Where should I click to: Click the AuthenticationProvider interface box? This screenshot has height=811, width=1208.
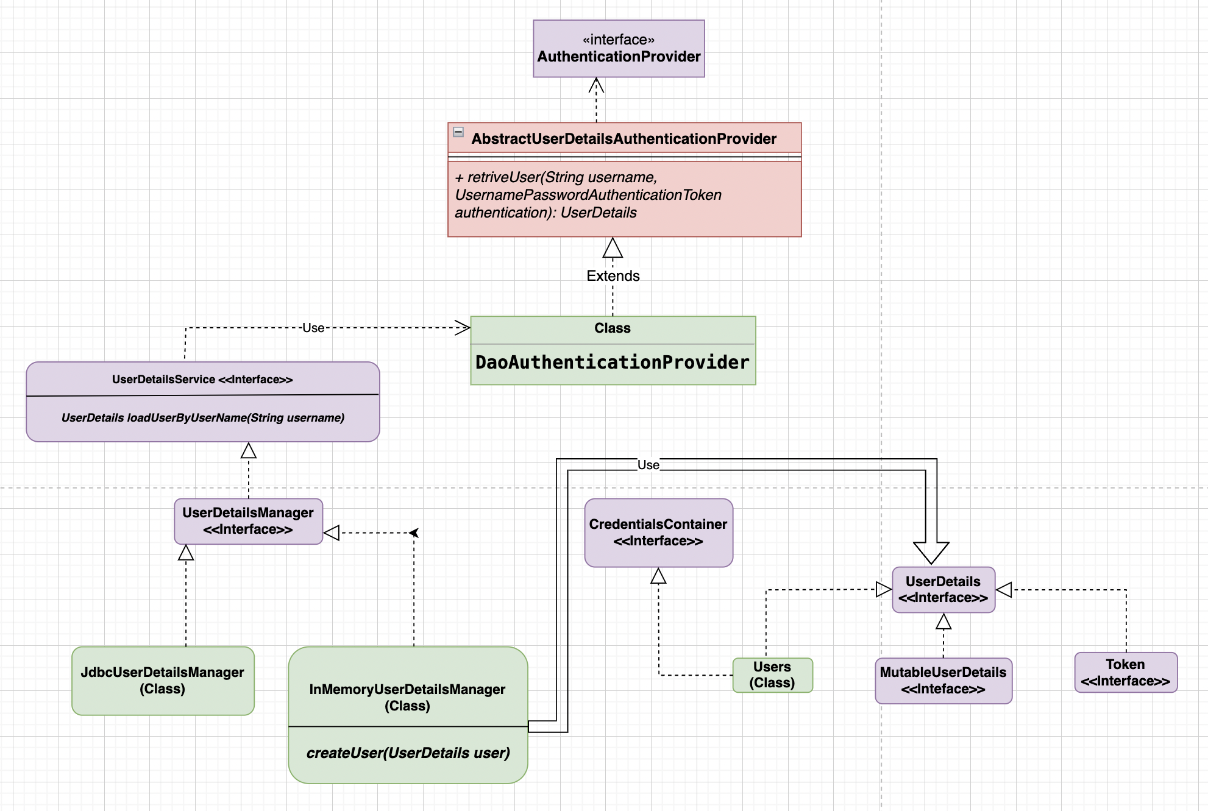619,49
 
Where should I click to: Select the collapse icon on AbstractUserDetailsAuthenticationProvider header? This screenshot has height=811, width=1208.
458,132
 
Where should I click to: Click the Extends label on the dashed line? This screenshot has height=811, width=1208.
613,276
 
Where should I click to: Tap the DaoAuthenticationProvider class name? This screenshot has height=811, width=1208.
612,363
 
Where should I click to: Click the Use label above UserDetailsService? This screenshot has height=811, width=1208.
313,328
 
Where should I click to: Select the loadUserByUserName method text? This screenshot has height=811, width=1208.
203,418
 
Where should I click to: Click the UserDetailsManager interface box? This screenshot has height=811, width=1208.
248,521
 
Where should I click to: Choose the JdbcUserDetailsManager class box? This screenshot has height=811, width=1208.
163,681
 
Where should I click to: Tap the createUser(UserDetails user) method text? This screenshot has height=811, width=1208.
408,753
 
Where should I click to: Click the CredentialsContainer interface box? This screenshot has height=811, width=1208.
658,533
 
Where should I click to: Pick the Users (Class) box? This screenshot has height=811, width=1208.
772,675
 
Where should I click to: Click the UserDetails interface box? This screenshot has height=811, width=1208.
943,589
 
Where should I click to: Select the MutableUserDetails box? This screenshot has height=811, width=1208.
943,681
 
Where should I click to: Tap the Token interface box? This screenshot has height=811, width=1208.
1125,673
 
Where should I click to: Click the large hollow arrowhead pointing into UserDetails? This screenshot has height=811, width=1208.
931,552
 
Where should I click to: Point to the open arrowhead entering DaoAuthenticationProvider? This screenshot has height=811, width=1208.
463,328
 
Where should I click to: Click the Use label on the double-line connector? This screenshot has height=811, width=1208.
648,465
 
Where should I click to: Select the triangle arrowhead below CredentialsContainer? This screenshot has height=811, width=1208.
658,576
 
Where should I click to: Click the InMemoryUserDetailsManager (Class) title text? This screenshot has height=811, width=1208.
407,698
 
